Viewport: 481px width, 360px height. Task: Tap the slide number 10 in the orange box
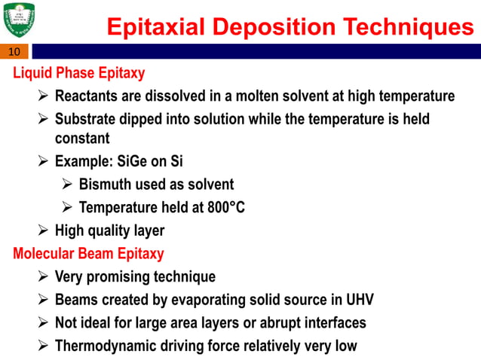coord(14,52)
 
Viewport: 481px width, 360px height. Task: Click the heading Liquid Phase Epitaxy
coord(79,74)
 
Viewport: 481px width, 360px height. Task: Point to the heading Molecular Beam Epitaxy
coord(88,253)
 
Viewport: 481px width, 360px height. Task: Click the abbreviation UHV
coord(357,300)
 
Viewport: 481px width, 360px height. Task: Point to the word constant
coord(82,139)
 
